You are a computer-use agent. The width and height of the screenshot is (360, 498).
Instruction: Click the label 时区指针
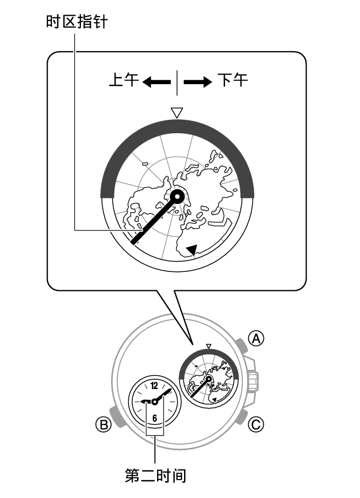[77, 22]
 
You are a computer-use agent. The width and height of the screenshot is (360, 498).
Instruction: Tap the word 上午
[124, 80]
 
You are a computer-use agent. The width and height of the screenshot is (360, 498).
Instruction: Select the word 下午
[233, 80]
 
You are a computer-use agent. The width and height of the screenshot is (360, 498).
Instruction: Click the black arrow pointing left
[157, 82]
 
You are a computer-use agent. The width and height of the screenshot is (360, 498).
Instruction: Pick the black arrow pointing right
[198, 82]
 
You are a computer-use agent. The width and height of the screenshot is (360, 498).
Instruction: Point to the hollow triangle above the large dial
[177, 113]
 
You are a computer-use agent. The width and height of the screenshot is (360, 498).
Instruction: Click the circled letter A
[256, 339]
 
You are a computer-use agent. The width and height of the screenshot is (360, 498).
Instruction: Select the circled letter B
[104, 425]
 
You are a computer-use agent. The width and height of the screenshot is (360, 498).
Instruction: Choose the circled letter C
[256, 425]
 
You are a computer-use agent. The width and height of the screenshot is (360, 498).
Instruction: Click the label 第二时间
[155, 476]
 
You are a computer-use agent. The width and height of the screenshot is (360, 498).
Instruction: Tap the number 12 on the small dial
[154, 386]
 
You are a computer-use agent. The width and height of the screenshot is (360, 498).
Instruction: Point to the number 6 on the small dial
[155, 418]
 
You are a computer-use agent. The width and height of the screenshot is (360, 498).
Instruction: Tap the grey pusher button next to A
[241, 345]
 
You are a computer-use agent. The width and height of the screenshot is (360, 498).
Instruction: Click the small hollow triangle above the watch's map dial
[208, 346]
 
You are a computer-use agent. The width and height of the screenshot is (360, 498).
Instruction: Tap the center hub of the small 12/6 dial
[155, 402]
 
